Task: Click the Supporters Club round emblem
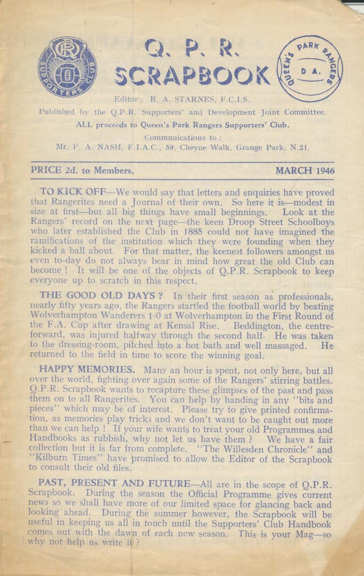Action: pyautogui.click(x=67, y=68)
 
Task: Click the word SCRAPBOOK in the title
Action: pyautogui.click(x=193, y=76)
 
